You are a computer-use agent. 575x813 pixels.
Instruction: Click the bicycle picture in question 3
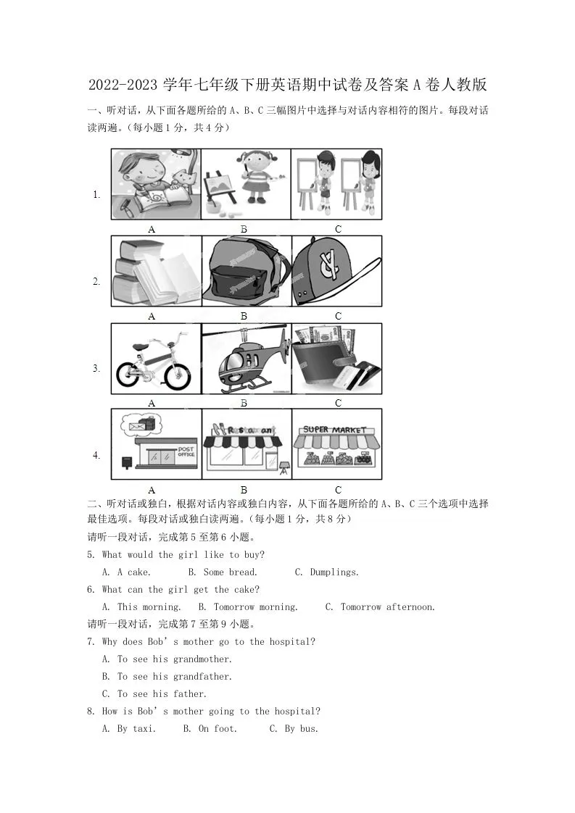tap(155, 359)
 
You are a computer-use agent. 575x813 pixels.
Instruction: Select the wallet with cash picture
tap(336, 358)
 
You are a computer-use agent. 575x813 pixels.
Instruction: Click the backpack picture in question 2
tap(245, 272)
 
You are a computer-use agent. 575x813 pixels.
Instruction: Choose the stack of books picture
tap(155, 272)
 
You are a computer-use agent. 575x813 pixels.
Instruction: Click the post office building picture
tap(155, 445)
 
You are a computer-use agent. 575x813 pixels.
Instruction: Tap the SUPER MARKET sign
tap(335, 430)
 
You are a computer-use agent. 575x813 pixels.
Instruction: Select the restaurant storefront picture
tap(245, 445)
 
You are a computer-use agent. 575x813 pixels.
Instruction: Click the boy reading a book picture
tap(155, 184)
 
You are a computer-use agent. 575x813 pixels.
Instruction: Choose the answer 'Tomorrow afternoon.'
tap(388, 607)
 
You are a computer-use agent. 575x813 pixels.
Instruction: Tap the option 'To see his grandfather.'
tap(174, 677)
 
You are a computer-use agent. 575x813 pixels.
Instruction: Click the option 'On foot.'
tap(218, 729)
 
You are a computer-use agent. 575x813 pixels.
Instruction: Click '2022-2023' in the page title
tap(122, 86)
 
